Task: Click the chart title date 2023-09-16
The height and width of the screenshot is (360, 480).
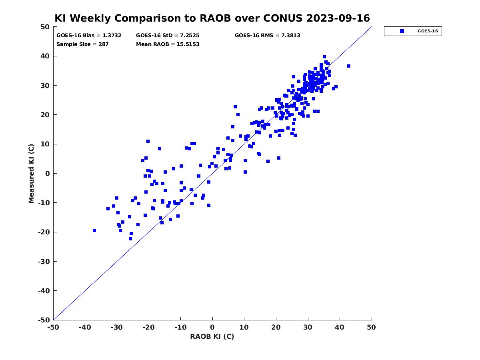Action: click(x=338, y=18)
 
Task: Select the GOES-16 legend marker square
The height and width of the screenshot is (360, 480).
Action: click(x=402, y=31)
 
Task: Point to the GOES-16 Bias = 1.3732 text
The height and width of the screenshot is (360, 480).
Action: click(x=89, y=36)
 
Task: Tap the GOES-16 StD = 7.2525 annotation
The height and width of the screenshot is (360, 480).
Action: click(x=168, y=36)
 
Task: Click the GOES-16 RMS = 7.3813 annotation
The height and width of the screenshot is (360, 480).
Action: click(x=267, y=36)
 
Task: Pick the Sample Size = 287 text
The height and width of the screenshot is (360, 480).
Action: click(x=82, y=44)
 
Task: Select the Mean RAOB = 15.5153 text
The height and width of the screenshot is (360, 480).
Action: click(x=168, y=44)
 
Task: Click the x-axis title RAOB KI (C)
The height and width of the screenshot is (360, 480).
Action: click(x=212, y=336)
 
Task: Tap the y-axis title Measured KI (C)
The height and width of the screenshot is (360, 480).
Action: click(x=31, y=174)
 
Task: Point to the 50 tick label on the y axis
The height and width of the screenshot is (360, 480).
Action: click(x=45, y=27)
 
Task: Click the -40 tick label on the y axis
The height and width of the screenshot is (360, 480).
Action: click(x=44, y=291)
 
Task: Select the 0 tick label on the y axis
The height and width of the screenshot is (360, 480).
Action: click(x=48, y=174)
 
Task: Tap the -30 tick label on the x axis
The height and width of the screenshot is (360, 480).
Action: click(x=117, y=327)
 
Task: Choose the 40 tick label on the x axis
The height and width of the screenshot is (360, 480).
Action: click(x=340, y=327)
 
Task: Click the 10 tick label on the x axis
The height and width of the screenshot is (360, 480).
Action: click(x=244, y=327)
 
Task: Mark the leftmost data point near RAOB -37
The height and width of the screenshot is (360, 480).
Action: click(x=94, y=230)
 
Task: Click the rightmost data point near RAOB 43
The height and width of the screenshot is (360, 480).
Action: click(x=348, y=66)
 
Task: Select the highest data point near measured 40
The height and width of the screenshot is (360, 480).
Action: click(x=324, y=57)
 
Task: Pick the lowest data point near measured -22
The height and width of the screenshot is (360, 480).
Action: click(x=130, y=239)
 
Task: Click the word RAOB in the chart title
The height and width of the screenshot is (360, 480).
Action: click(x=215, y=18)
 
